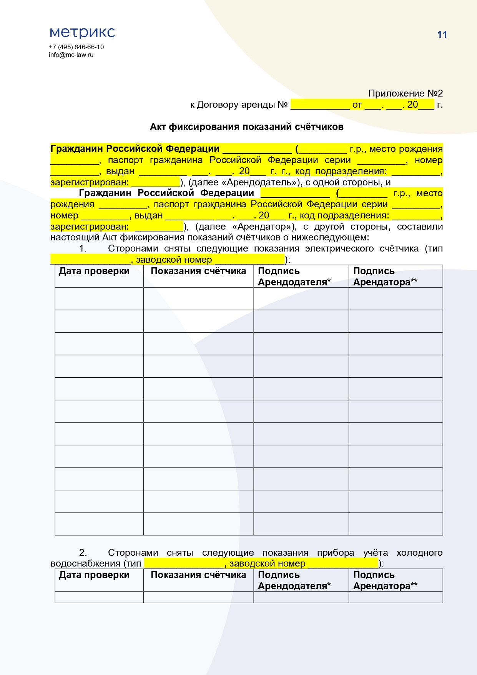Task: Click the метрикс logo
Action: (82, 33)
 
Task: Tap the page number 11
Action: (442, 35)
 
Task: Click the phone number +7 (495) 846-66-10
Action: (76, 47)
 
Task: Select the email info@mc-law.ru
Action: (71, 55)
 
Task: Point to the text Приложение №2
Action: (405, 93)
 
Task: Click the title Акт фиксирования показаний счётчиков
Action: (246, 127)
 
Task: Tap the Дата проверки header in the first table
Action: (94, 271)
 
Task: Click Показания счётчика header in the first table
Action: (198, 271)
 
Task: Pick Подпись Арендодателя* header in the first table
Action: (294, 277)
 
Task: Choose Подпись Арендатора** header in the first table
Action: (385, 277)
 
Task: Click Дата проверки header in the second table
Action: (94, 575)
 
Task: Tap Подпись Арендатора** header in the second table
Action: (385, 580)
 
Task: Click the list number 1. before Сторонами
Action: (83, 248)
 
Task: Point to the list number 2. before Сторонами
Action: (83, 553)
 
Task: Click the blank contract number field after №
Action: (320, 105)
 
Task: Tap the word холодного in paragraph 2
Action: (419, 553)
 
